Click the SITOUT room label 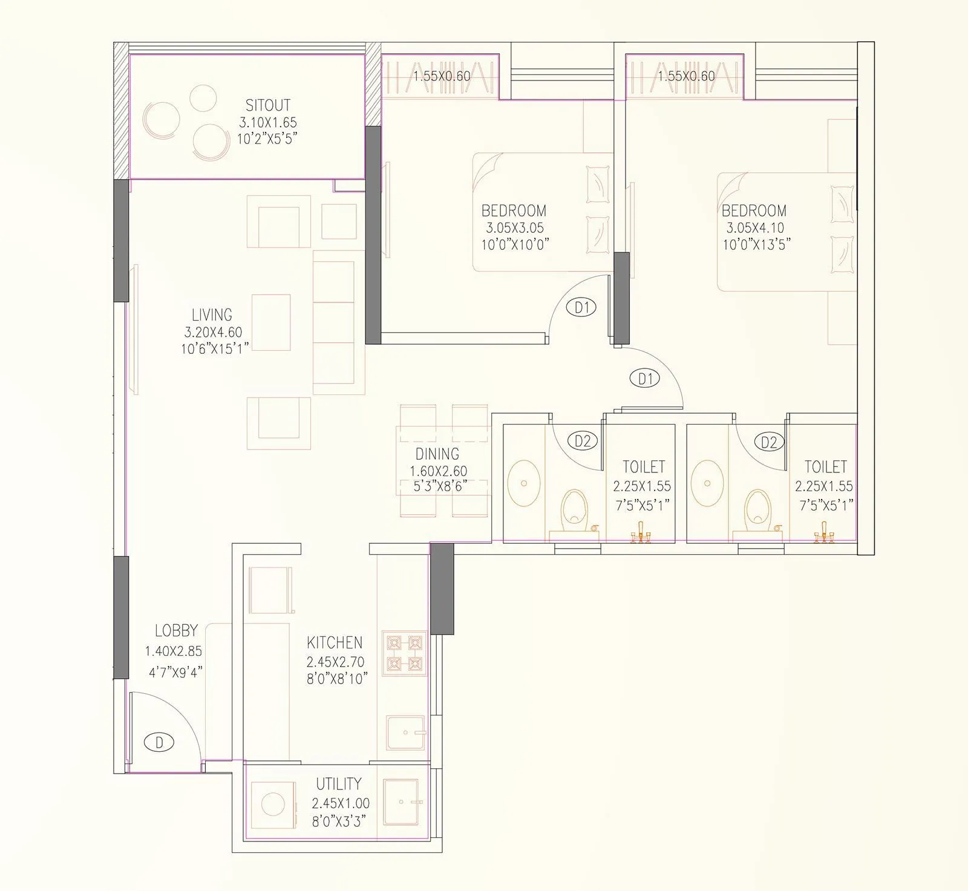(x=267, y=105)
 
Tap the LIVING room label (x=212, y=315)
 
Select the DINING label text (x=437, y=454)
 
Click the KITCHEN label (x=335, y=642)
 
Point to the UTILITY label (x=338, y=784)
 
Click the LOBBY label (x=176, y=630)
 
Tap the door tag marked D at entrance (x=160, y=742)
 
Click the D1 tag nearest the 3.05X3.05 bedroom (x=581, y=307)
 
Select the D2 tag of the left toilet (x=582, y=441)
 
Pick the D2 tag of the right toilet (x=768, y=442)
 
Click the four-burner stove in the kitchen (x=405, y=653)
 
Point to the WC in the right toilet (x=756, y=507)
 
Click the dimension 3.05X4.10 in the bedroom (x=755, y=228)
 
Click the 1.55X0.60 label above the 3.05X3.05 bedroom (x=442, y=76)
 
